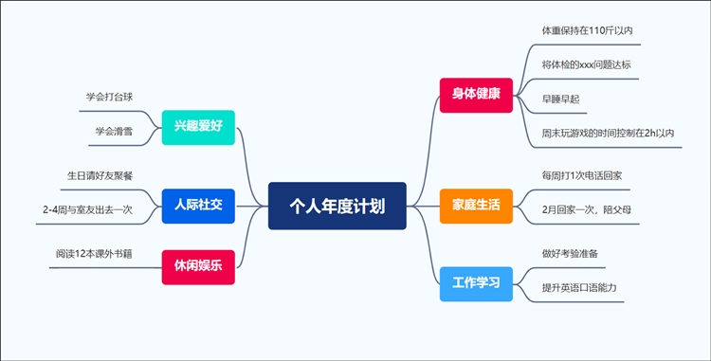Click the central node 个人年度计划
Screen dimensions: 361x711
pyautogui.click(x=337, y=206)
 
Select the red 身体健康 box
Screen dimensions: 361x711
pyautogui.click(x=476, y=95)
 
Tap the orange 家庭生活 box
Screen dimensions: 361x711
pyautogui.click(x=476, y=205)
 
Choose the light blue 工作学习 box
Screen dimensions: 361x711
pyautogui.click(x=476, y=282)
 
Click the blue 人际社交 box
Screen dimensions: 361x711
pyautogui.click(x=198, y=205)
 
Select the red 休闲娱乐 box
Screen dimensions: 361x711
pyautogui.click(x=198, y=266)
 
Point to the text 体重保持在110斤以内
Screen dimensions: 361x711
pyautogui.click(x=587, y=30)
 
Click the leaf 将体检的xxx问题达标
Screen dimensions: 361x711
pyautogui.click(x=586, y=64)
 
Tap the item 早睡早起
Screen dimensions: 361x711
pyautogui.click(x=560, y=99)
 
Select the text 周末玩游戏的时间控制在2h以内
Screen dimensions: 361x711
pyautogui.click(x=608, y=133)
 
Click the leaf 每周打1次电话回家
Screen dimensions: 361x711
pyautogui.click(x=581, y=175)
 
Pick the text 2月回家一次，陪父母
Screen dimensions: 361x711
pyautogui.click(x=584, y=208)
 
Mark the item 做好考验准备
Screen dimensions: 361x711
pyautogui.click(x=570, y=253)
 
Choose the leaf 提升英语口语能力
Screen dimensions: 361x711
pyautogui.click(x=580, y=286)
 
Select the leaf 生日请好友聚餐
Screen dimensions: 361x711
pyautogui.click(x=100, y=175)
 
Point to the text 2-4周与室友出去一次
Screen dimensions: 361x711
pyautogui.click(x=87, y=208)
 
